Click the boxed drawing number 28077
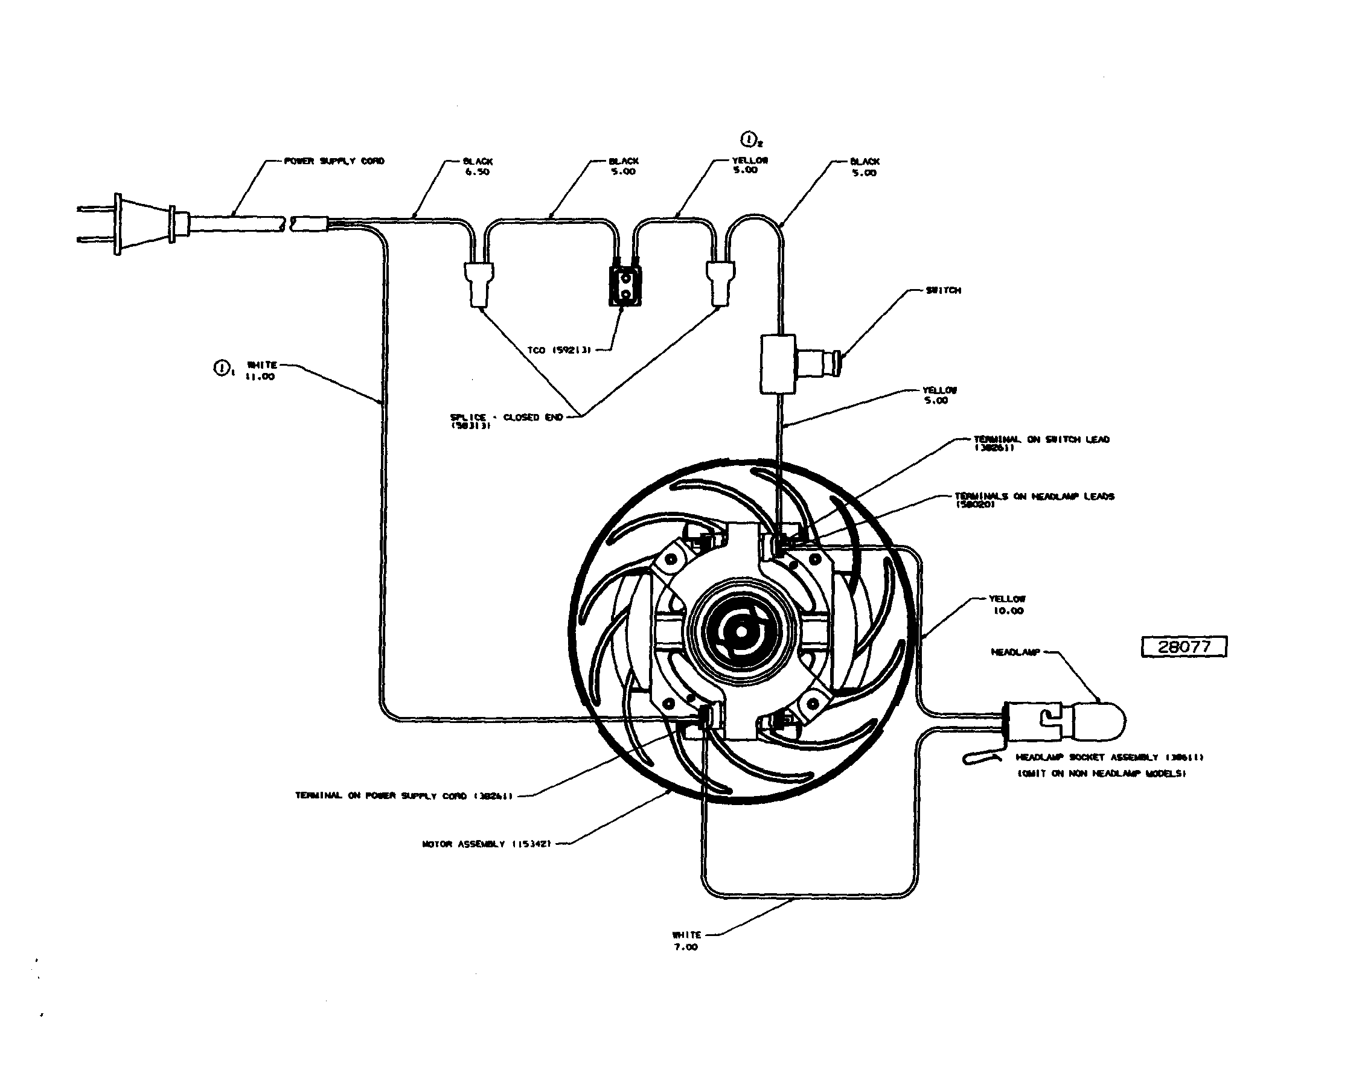(1183, 647)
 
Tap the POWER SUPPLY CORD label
(334, 161)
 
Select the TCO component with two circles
(625, 286)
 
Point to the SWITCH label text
(943, 290)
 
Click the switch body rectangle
(778, 364)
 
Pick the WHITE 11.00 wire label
(261, 370)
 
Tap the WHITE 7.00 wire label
(686, 940)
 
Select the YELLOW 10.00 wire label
(1008, 605)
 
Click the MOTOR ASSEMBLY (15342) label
(487, 844)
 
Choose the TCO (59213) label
(559, 350)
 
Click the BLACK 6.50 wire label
(478, 166)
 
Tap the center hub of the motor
(741, 632)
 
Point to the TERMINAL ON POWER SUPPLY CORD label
(404, 795)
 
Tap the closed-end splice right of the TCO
(720, 282)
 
